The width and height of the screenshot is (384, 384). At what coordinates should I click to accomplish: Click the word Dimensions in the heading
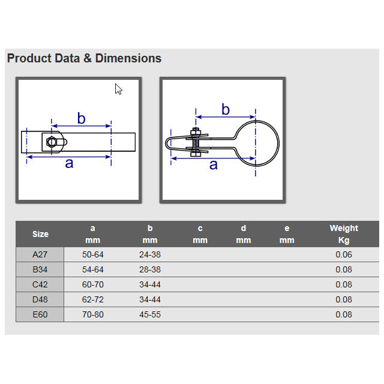click(x=128, y=58)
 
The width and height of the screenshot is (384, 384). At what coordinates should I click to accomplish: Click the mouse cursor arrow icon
click(x=119, y=89)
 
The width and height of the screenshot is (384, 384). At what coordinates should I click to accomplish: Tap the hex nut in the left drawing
click(x=52, y=142)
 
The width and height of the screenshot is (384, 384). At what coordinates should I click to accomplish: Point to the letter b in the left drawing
click(x=82, y=118)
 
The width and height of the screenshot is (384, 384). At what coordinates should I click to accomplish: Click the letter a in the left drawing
click(x=70, y=163)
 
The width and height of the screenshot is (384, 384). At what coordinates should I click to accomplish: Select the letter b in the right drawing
click(x=226, y=109)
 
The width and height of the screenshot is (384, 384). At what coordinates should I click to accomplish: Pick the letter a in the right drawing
click(x=214, y=165)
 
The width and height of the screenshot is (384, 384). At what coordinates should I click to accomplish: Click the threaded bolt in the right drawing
click(x=196, y=142)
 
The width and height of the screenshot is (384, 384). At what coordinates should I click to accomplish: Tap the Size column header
click(x=40, y=234)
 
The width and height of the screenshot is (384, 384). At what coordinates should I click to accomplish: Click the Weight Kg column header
click(x=344, y=234)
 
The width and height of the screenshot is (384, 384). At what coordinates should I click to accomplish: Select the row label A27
click(x=40, y=254)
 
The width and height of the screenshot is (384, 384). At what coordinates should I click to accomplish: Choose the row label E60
click(x=40, y=314)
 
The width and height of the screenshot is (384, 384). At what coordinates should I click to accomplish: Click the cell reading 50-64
click(x=93, y=254)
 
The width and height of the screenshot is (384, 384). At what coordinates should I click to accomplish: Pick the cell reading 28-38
click(x=150, y=269)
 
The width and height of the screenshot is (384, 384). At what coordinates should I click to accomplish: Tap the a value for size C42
click(x=93, y=284)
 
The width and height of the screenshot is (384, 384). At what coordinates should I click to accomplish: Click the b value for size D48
click(x=150, y=299)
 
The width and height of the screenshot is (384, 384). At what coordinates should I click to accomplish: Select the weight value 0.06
click(x=344, y=254)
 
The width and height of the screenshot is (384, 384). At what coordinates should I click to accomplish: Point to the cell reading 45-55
click(x=150, y=314)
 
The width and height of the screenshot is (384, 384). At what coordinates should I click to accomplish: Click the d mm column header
click(x=244, y=234)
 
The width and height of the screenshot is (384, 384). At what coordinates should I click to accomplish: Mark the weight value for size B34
click(x=344, y=269)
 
